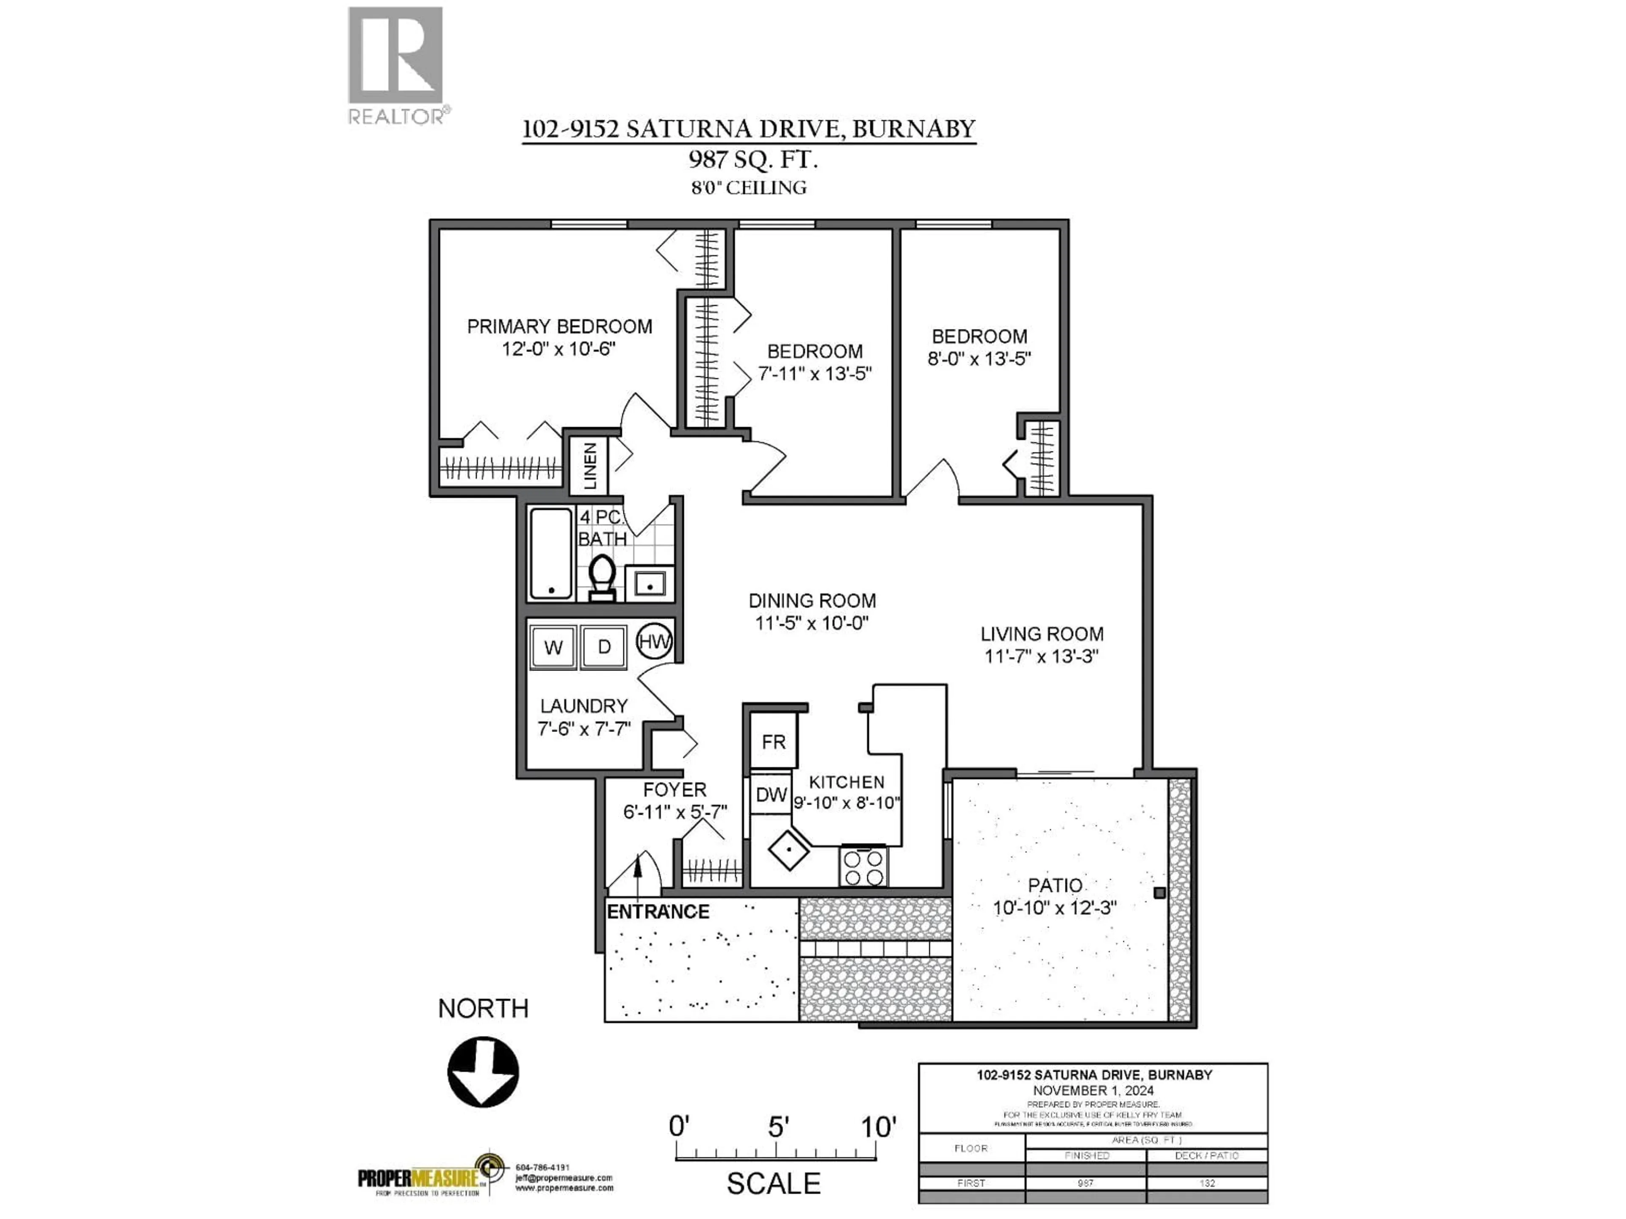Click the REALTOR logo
(395, 65)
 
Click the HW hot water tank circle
(653, 642)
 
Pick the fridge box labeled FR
(773, 742)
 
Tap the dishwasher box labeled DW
(771, 794)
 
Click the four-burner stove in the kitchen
(864, 867)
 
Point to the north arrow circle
(483, 1072)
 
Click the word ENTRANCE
(658, 912)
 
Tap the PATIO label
(1055, 885)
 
